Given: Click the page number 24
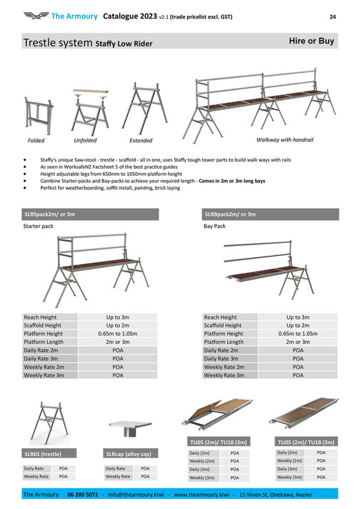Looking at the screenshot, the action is click(332, 16).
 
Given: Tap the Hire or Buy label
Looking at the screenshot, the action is click(311, 41).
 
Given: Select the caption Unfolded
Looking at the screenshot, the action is click(85, 141).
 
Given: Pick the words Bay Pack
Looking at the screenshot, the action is click(215, 228).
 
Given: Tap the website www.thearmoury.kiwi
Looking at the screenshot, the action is click(201, 494).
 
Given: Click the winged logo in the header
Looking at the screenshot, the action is click(34, 15).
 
